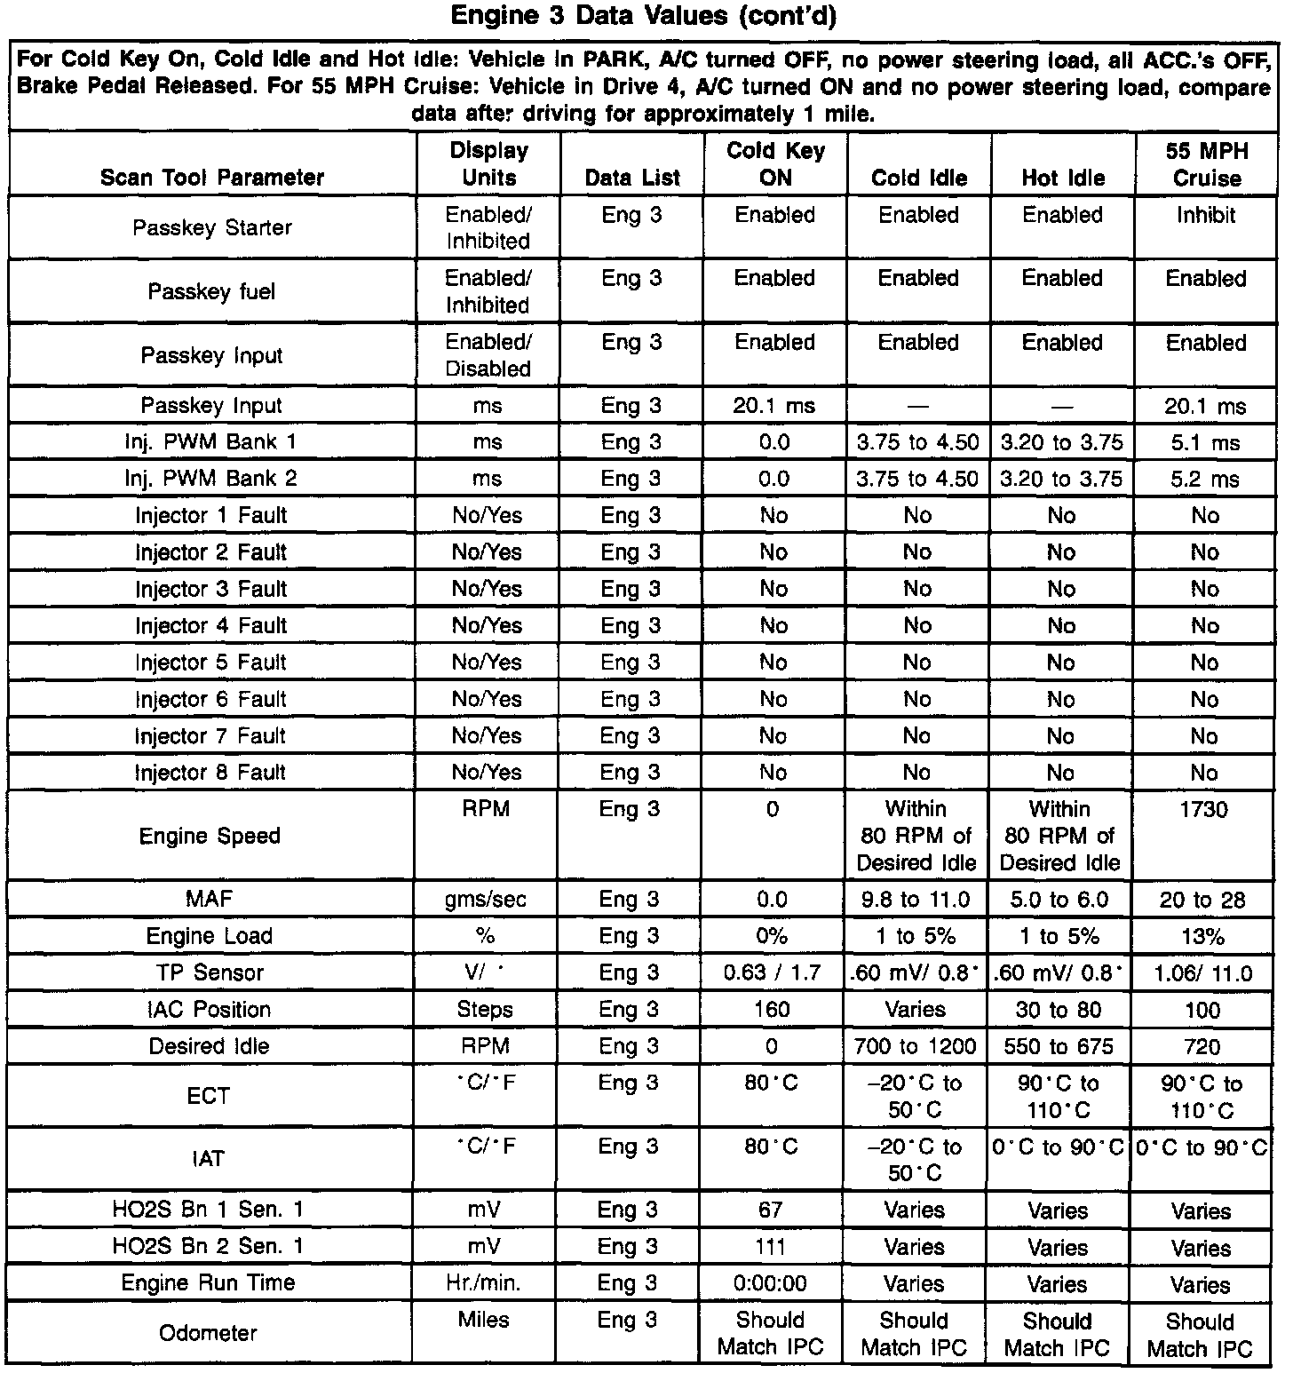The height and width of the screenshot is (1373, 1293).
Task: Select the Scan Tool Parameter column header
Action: [x=213, y=177]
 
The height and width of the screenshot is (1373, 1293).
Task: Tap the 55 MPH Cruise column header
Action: [x=1207, y=164]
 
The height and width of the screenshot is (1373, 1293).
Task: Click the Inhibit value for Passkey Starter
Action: [x=1206, y=215]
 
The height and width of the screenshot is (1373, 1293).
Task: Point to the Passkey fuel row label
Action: [x=211, y=291]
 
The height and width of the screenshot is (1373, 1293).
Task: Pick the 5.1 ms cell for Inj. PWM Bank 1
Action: [x=1205, y=442]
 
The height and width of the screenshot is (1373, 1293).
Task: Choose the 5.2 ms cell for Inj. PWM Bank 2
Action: [x=1205, y=480]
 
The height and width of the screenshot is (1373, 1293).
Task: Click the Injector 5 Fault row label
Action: [x=210, y=663]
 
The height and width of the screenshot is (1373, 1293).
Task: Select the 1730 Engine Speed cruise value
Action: [x=1203, y=810]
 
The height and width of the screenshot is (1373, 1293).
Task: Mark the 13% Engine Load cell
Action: [x=1203, y=936]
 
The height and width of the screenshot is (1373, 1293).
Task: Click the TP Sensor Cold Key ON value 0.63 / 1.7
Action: [x=772, y=972]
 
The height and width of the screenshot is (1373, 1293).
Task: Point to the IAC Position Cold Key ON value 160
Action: [x=772, y=1010]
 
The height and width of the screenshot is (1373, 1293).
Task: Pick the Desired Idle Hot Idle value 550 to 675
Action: [x=1059, y=1046]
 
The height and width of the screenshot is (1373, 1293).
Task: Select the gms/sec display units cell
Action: [x=486, y=900]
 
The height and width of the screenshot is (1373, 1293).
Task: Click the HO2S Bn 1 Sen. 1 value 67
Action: [x=771, y=1210]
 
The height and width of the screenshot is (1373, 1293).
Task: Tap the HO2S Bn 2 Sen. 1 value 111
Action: [x=771, y=1246]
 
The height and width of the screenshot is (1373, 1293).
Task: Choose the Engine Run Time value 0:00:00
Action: [x=771, y=1283]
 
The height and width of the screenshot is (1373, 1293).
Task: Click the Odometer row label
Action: [x=208, y=1333]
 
